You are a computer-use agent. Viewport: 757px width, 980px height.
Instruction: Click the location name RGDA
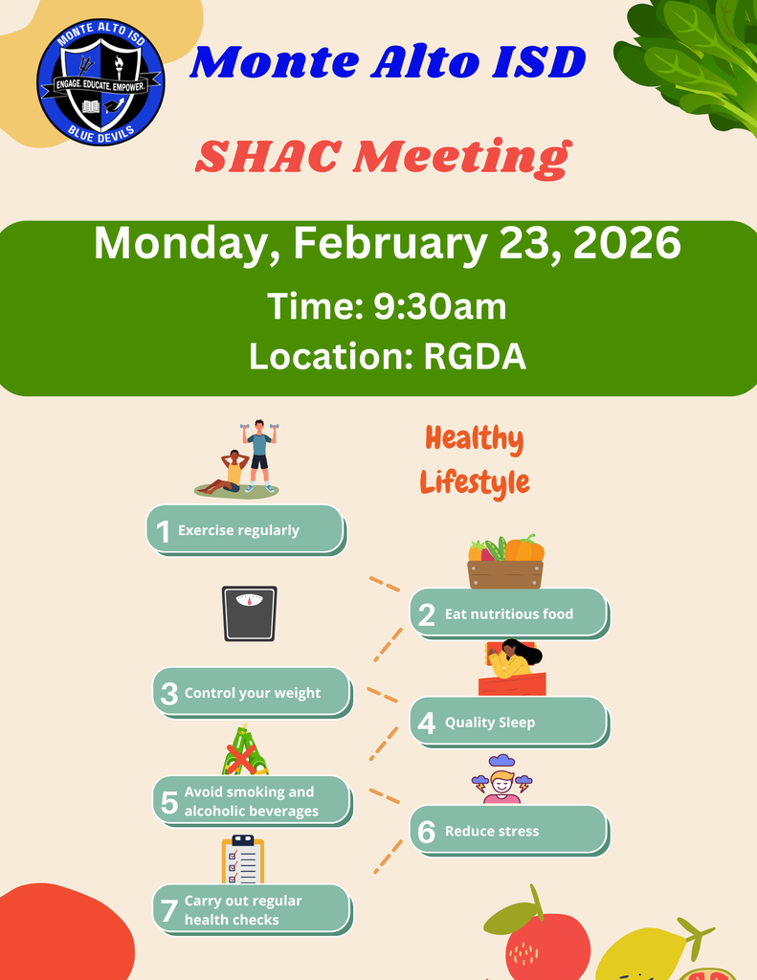(x=475, y=356)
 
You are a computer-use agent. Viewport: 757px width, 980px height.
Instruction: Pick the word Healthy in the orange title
(x=474, y=439)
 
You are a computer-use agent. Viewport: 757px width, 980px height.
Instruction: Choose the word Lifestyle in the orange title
(x=475, y=481)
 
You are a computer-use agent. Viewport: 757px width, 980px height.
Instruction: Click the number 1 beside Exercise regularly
(x=163, y=531)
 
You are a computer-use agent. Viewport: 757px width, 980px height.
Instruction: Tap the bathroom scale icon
(x=250, y=613)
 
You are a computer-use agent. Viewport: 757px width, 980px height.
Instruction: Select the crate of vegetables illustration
(x=505, y=562)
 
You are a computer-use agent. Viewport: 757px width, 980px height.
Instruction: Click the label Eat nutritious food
(x=508, y=614)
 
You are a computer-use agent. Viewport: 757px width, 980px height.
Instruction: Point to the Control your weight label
(x=253, y=693)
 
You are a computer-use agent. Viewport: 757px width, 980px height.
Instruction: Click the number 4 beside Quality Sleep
(x=427, y=723)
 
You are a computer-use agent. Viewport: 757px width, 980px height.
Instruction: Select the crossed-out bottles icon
(x=245, y=751)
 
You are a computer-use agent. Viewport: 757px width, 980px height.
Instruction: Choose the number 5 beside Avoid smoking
(x=168, y=802)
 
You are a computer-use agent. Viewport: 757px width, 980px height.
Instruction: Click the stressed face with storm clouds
(x=501, y=779)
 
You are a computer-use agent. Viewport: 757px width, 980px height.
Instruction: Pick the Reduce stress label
(x=491, y=832)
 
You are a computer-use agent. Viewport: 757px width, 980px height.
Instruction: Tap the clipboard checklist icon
(x=242, y=859)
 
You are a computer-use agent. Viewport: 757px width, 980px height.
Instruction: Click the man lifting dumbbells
(x=258, y=456)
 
